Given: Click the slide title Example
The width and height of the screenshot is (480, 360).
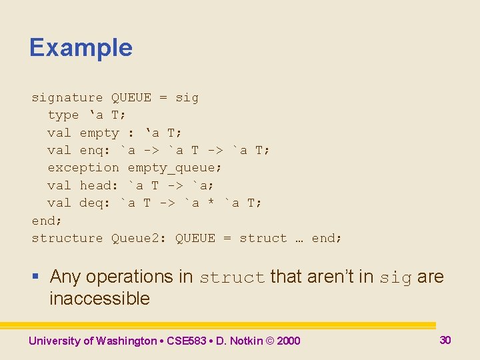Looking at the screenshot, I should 81,48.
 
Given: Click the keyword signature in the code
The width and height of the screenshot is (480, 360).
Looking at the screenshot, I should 67,98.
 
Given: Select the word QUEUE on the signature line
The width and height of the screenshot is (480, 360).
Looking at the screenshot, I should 131,98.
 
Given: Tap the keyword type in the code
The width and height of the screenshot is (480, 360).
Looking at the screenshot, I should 63,115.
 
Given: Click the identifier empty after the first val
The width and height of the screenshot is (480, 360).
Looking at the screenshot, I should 99,133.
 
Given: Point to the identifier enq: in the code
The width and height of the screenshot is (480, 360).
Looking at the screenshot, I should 95,150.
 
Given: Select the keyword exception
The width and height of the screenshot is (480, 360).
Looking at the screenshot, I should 83,167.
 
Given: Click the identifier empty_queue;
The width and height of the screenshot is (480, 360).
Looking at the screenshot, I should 175,167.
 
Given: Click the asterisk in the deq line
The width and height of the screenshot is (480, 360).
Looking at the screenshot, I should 211,203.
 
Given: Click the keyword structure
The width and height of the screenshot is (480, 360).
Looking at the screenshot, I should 67,238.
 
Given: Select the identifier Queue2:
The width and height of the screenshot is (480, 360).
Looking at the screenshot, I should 139,238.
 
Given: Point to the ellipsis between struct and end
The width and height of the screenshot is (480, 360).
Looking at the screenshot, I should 299,239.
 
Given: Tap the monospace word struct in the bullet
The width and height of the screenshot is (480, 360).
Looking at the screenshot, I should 232,277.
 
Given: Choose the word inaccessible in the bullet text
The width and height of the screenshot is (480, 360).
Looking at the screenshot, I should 99,298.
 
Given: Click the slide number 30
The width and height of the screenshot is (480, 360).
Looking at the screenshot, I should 445,340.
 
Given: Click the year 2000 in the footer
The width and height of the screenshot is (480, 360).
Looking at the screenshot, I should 289,341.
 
